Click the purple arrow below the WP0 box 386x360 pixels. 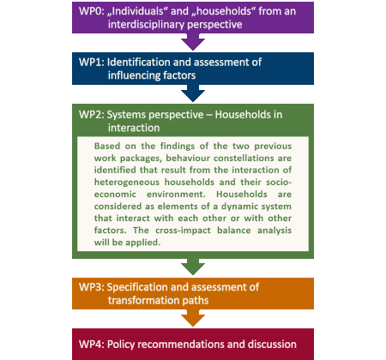pyautogui.click(x=193, y=42)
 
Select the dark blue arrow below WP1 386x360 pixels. pyautogui.click(x=193, y=93)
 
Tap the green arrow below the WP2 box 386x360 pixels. pyautogui.click(x=193, y=267)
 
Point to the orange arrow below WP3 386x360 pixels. pyautogui.click(x=193, y=318)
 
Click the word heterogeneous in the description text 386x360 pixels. pyautogui.click(x=127, y=183)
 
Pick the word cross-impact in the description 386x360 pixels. pyautogui.click(x=183, y=231)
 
